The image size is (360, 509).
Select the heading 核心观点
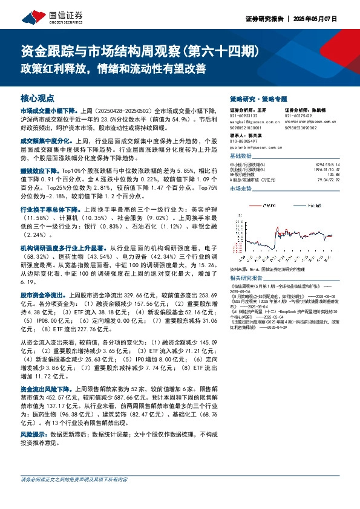point(38,98)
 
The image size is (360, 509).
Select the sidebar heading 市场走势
point(241,189)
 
